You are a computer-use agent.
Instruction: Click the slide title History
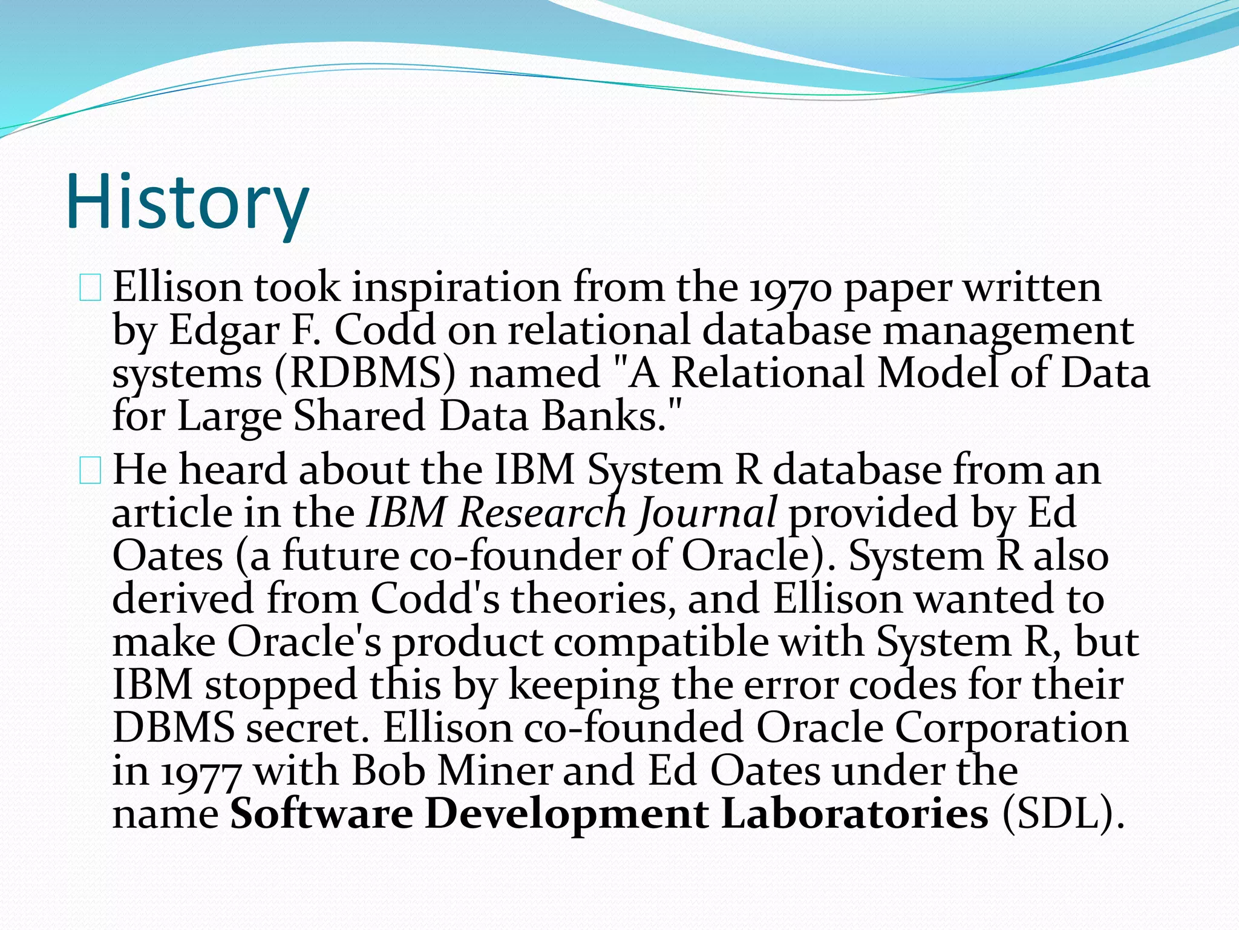[x=188, y=202]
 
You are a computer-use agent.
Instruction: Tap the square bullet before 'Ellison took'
[x=90, y=288]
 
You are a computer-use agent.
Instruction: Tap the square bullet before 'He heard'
[x=90, y=471]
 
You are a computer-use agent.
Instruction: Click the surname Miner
[x=495, y=771]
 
